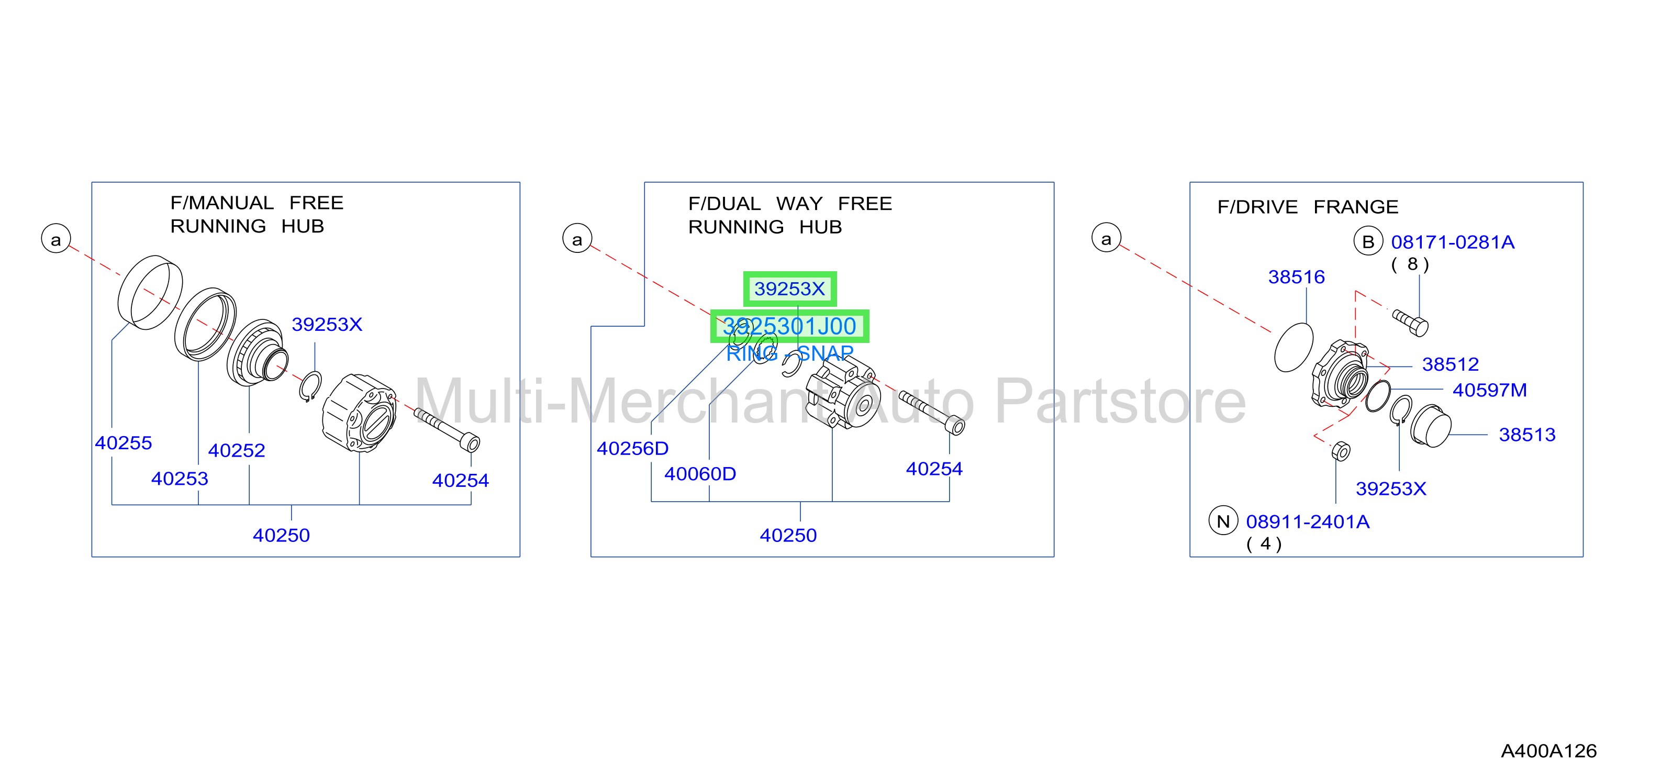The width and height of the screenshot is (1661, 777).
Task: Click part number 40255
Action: point(123,443)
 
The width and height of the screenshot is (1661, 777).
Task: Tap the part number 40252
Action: point(237,450)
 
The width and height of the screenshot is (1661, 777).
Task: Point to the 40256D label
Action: point(632,448)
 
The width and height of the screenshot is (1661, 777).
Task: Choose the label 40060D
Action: point(700,474)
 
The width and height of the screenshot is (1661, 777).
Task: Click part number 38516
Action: point(1296,276)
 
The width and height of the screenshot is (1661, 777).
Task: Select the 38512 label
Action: point(1450,364)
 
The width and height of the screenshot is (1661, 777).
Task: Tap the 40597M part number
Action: point(1489,390)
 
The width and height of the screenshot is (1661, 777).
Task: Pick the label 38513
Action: point(1527,435)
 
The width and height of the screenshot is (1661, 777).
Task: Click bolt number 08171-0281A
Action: point(1453,242)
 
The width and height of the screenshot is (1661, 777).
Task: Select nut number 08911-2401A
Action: point(1308,521)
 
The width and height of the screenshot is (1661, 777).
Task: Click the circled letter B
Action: point(1368,241)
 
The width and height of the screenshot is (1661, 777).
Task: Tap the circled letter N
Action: point(1223,521)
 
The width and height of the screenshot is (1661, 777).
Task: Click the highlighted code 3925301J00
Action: point(789,326)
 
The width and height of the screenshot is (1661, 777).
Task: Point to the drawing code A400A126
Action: point(1549,751)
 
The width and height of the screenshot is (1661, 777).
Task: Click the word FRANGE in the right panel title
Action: point(1356,206)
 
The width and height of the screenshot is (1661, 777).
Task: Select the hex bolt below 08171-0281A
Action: point(1411,323)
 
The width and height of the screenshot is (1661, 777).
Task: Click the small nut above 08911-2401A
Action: point(1341,451)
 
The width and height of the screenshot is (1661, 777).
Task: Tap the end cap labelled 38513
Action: point(1430,426)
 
